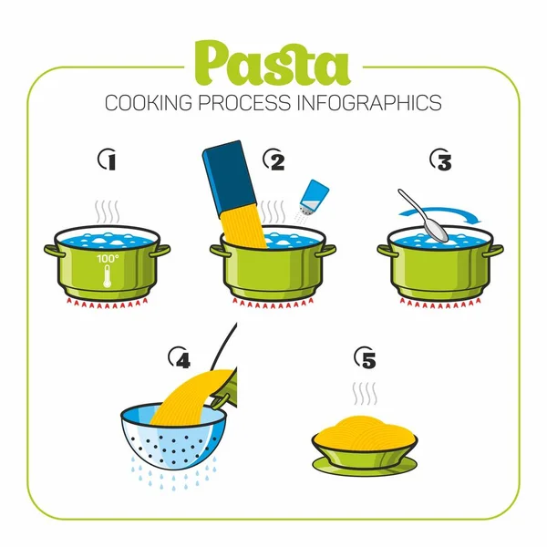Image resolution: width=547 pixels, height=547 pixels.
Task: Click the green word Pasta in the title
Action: click(x=272, y=64)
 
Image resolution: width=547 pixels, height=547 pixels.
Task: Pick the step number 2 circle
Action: click(x=274, y=161)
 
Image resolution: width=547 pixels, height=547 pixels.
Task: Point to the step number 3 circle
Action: click(x=440, y=161)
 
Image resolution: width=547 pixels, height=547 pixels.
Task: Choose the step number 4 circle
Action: click(x=181, y=359)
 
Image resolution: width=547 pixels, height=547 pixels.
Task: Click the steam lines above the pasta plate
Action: click(x=366, y=395)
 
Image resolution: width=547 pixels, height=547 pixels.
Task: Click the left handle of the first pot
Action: click(x=50, y=248)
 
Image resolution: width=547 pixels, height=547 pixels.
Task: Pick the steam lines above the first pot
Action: click(x=108, y=212)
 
